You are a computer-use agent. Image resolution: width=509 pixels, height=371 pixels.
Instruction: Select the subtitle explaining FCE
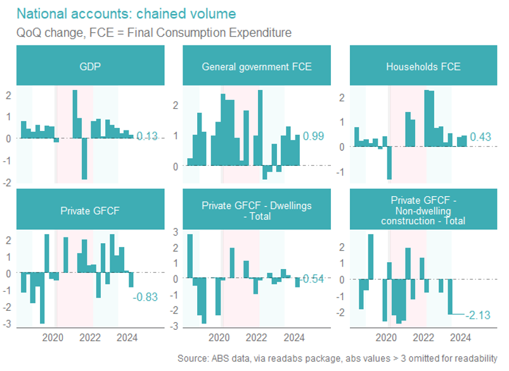[x=154, y=32]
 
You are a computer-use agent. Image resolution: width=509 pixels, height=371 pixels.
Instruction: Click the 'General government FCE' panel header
[x=257, y=66]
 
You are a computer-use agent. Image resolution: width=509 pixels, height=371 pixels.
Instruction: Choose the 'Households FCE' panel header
[x=423, y=66]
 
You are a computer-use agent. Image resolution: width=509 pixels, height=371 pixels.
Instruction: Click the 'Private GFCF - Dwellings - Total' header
[x=257, y=210]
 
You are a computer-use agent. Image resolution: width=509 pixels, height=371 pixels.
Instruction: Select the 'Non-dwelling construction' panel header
[x=423, y=211]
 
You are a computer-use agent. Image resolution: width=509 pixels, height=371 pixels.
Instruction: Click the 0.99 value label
[x=314, y=136]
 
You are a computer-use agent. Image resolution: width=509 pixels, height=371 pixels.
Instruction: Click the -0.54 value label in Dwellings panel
[x=312, y=279]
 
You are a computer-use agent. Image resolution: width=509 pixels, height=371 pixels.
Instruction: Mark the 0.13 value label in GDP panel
[x=146, y=136]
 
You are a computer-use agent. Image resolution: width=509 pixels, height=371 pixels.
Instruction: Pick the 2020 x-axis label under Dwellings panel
[x=221, y=337]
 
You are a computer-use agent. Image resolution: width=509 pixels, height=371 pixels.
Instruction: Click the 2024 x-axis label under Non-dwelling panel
[x=461, y=337]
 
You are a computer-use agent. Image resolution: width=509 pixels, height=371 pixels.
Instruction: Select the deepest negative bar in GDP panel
[x=84, y=159]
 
